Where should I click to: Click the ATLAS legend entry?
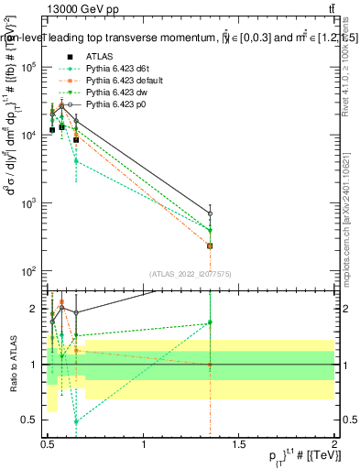[x=101, y=56]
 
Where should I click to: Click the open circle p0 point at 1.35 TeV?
[x=211, y=213]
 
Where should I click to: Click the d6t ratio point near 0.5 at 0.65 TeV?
[x=77, y=421]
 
